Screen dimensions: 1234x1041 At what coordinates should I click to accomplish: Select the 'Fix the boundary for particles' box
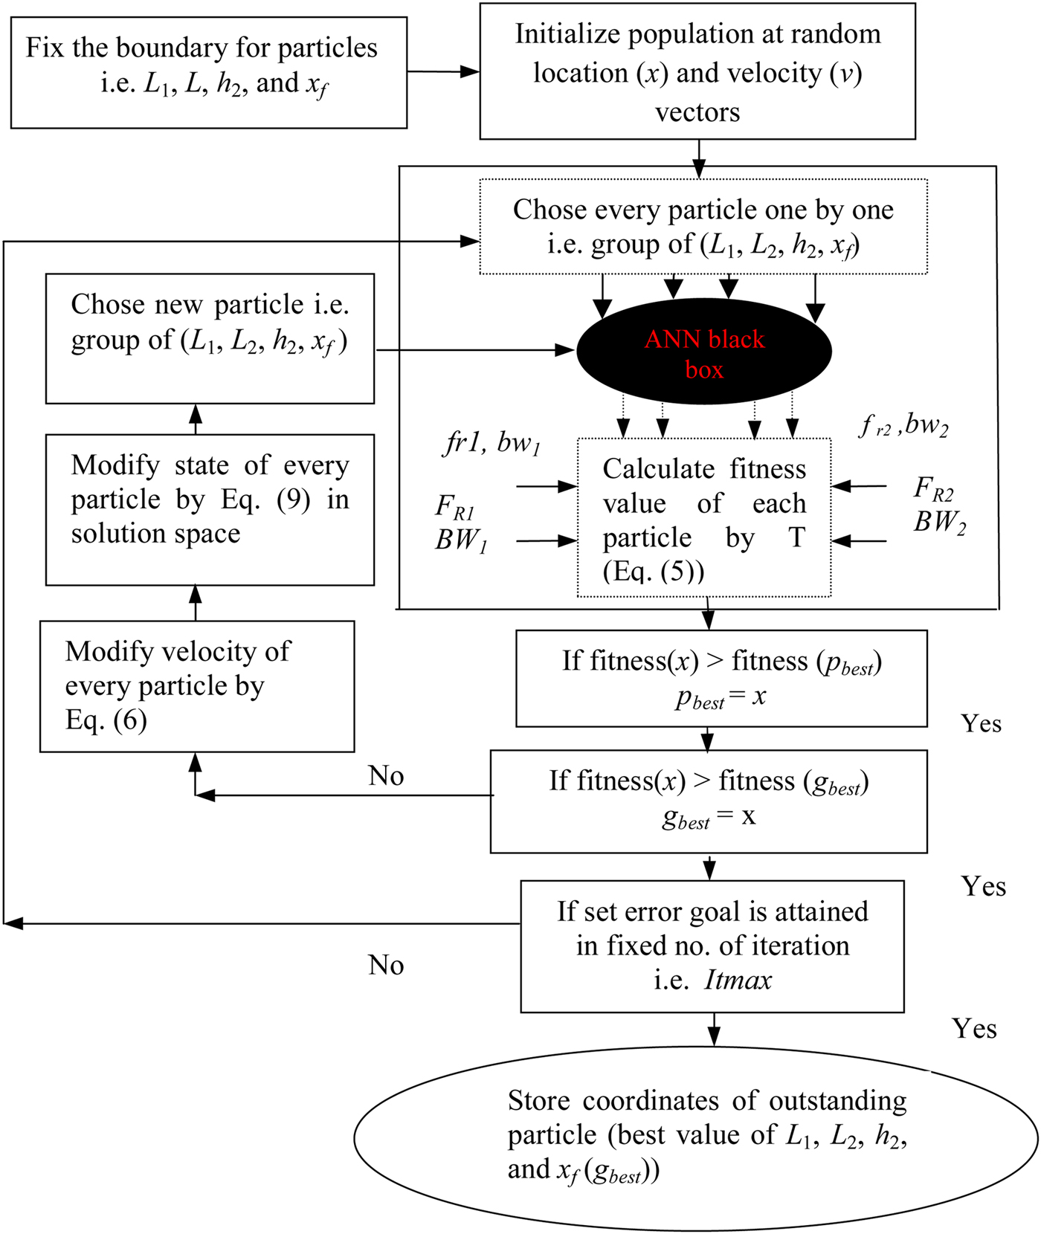(208, 73)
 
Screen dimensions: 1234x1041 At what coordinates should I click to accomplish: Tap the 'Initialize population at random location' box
(697, 72)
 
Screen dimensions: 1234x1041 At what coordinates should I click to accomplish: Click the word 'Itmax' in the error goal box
(738, 980)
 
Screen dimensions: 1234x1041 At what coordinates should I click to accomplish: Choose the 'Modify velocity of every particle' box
(196, 686)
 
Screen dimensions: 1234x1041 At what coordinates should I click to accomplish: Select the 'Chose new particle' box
(209, 338)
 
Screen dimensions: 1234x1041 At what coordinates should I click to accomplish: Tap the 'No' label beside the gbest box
(386, 776)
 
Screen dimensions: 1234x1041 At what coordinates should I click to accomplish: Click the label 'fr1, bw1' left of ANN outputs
(491, 443)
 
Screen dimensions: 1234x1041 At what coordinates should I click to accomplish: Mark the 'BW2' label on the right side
(940, 523)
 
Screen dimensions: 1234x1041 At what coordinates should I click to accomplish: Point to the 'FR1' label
(454, 507)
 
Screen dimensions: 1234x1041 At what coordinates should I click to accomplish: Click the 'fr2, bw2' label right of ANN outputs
(903, 426)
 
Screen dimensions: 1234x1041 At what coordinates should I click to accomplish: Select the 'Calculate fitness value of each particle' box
(703, 518)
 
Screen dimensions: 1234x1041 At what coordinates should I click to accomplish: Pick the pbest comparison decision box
(721, 678)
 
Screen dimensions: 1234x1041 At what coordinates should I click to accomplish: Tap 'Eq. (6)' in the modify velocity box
(106, 720)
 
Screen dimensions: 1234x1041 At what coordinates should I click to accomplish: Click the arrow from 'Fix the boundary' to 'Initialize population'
(443, 72)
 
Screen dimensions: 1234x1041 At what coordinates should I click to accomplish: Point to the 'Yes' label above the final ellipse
(974, 1029)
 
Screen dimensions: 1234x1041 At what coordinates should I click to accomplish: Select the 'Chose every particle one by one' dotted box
(703, 226)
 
